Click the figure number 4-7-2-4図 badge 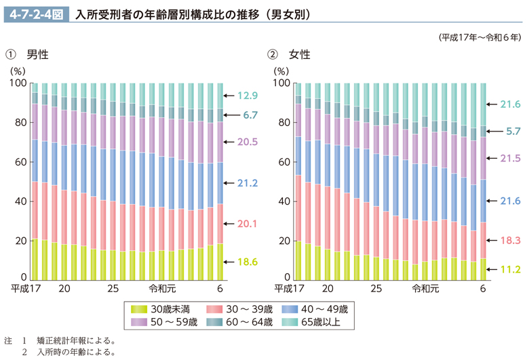(35, 12)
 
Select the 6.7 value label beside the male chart (251, 115)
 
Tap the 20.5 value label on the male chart (248, 142)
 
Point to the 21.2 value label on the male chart (248, 182)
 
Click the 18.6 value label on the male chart (248, 261)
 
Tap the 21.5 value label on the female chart (509, 157)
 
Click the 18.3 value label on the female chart (509, 240)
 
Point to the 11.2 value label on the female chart (509, 269)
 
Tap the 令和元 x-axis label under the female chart (425, 288)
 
